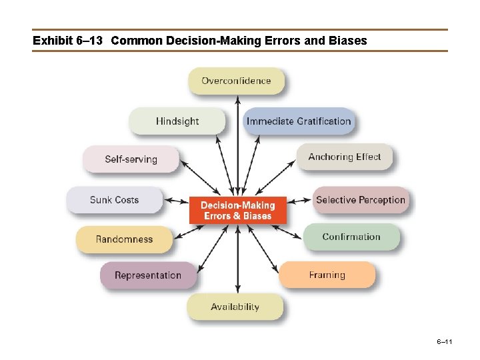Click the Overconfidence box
coord(236,81)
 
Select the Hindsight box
coord(177,121)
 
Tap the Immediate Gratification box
coord(298,121)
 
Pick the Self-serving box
coord(131,159)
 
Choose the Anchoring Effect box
coord(344,157)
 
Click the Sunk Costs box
coord(114,199)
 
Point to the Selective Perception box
coord(360,199)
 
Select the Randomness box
coord(124,239)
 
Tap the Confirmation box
coord(351,237)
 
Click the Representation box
coord(148,275)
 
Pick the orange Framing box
coord(327,275)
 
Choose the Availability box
coord(235,307)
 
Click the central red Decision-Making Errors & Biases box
coord(238,211)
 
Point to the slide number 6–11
coord(445,342)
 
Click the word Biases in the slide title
coord(347,41)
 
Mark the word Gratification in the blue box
coord(323,121)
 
